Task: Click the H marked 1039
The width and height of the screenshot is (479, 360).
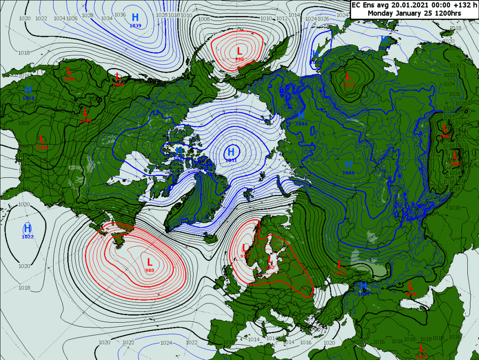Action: click(136, 18)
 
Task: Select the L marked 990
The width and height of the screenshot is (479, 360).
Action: click(239, 51)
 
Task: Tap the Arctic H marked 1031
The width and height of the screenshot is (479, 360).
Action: click(231, 152)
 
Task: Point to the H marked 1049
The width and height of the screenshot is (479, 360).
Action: click(348, 165)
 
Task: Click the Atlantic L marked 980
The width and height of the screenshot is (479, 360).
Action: click(150, 262)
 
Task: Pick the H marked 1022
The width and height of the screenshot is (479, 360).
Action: click(27, 228)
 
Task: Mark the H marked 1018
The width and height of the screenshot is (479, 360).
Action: click(28, 90)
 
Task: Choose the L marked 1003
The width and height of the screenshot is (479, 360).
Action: click(446, 128)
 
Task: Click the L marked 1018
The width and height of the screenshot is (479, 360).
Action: click(410, 285)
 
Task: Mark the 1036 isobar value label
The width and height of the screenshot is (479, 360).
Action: click(120, 14)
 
